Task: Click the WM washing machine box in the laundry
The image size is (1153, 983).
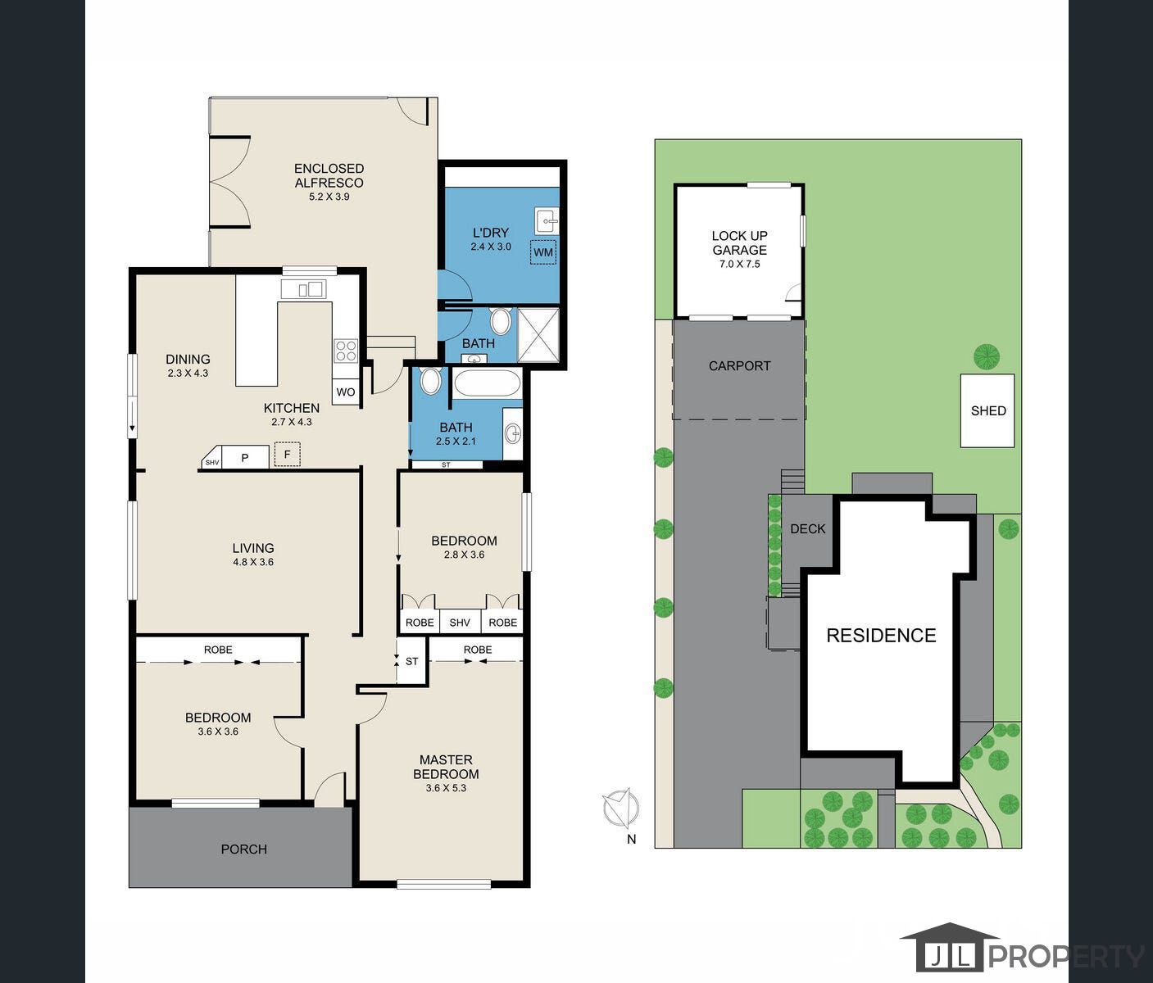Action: point(542,252)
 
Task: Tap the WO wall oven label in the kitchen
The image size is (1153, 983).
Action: point(346,392)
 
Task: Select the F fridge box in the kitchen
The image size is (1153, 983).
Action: point(287,455)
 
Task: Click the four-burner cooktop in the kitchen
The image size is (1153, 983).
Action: point(346,351)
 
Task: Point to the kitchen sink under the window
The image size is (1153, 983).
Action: point(304,289)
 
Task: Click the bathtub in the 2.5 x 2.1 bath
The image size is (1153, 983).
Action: point(487,383)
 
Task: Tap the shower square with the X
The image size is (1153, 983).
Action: point(538,334)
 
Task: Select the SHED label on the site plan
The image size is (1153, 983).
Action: point(987,411)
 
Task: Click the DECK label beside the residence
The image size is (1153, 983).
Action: point(807,529)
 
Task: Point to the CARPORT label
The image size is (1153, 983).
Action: point(739,366)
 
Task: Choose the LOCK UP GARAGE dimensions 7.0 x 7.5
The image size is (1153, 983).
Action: point(739,265)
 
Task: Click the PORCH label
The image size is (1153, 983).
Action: point(243,849)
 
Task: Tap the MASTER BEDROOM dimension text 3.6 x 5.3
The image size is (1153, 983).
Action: point(446,788)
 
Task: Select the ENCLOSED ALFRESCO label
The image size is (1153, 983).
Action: point(329,176)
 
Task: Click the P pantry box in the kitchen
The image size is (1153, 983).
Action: point(244,458)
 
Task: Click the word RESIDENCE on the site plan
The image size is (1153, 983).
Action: point(881,636)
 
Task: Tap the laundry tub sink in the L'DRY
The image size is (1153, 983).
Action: point(546,220)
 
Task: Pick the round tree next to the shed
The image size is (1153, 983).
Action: point(987,356)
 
